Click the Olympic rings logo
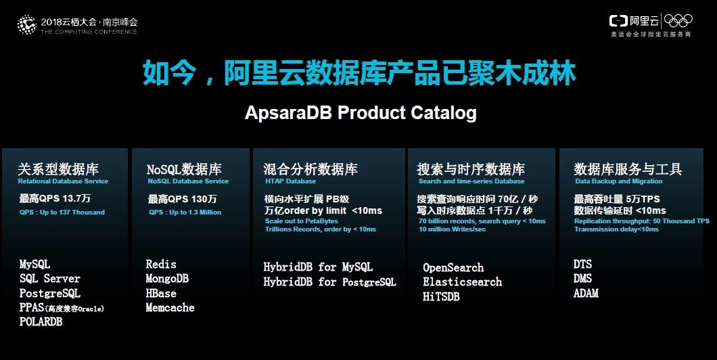click(x=678, y=20)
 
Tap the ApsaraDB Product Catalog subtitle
click(x=361, y=112)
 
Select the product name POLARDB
click(x=41, y=321)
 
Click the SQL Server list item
click(x=50, y=279)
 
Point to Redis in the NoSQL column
click(x=161, y=264)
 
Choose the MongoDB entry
click(x=167, y=279)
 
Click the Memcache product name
click(x=170, y=307)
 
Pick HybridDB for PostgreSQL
click(x=329, y=282)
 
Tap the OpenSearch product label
click(x=453, y=267)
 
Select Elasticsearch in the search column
click(x=462, y=282)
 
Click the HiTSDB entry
click(x=441, y=296)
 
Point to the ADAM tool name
click(x=586, y=293)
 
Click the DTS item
click(x=582, y=264)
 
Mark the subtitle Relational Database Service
click(x=63, y=181)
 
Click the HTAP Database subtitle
click(x=290, y=181)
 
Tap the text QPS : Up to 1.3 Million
click(x=185, y=212)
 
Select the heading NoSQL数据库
click(x=184, y=169)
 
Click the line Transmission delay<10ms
click(x=616, y=229)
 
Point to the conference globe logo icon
click(x=27, y=25)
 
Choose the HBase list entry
click(x=161, y=293)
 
